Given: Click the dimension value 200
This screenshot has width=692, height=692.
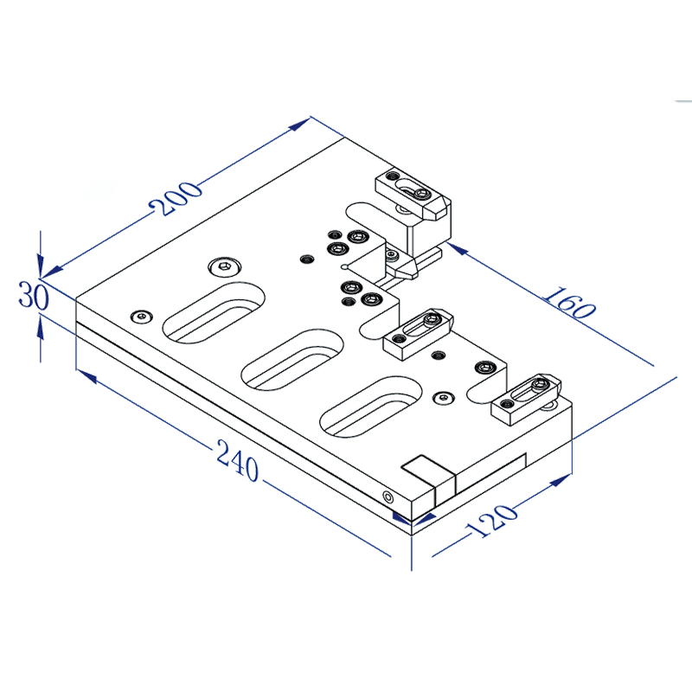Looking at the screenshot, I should point(175,199).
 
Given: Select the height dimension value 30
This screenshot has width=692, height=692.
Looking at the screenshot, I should point(33,297).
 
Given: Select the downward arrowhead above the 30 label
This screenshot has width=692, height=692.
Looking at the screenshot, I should point(41,266).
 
